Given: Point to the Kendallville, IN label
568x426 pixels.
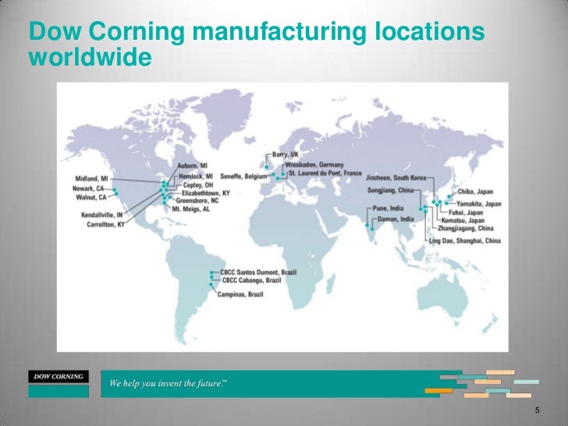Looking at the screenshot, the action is click(104, 215).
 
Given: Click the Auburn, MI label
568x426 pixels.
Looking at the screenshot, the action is click(193, 166).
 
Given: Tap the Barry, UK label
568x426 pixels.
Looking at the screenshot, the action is click(285, 154).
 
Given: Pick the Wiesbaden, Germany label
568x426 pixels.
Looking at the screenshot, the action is click(314, 165).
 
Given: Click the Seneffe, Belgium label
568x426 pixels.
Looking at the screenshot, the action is click(244, 176).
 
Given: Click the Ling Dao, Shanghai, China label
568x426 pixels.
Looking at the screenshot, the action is click(464, 241).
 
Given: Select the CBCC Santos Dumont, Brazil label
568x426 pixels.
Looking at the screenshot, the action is click(256, 272).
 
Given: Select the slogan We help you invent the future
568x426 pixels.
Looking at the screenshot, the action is click(167, 385).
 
